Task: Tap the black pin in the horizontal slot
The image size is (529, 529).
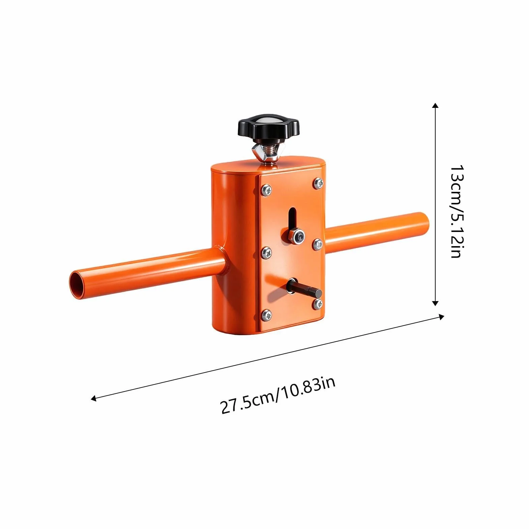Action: [x=304, y=289]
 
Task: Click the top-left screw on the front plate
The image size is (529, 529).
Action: [x=266, y=190]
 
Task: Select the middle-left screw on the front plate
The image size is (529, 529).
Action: [x=266, y=252]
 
